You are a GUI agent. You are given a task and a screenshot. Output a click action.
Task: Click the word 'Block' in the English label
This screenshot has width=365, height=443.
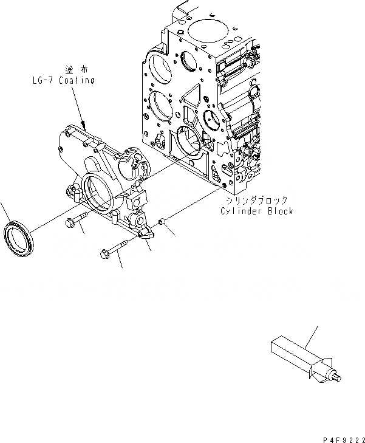[x=280, y=211]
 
